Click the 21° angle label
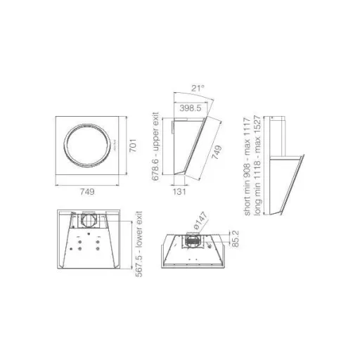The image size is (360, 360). click(198, 89)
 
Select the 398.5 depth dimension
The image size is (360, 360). click(191, 108)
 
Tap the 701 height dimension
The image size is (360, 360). click(133, 146)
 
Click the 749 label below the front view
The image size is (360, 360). click(87, 192)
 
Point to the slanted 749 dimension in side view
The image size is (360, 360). click(217, 152)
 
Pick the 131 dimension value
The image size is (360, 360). click(179, 192)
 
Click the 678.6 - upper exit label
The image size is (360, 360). click(155, 146)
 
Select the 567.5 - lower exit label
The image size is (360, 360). click(139, 244)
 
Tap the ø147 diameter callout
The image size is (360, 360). click(200, 220)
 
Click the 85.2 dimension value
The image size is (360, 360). click(235, 238)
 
